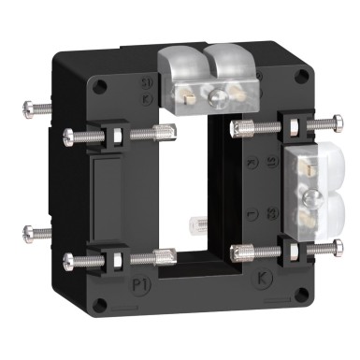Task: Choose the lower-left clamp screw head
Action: (67, 260)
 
